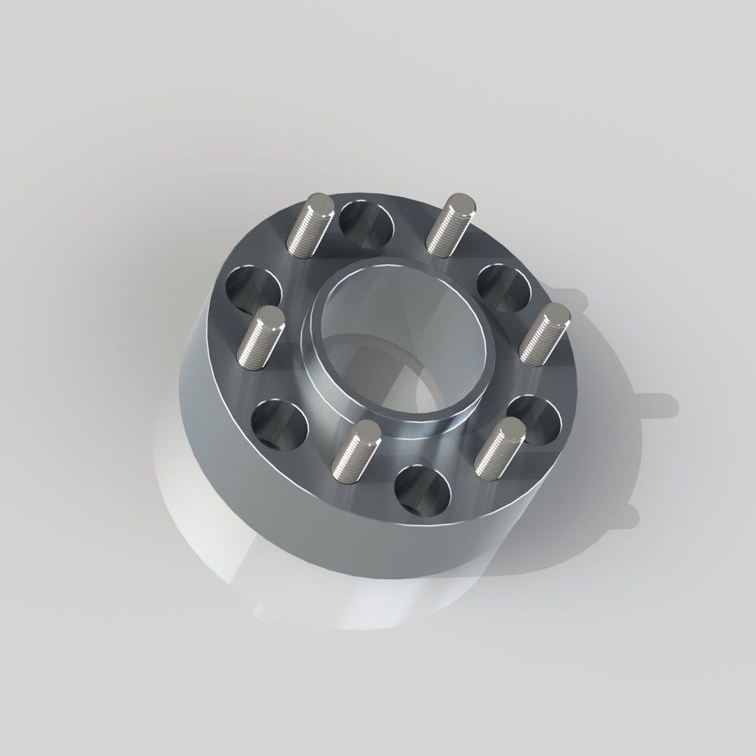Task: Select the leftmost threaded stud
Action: [x=260, y=338]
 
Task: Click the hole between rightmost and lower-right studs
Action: [x=535, y=418]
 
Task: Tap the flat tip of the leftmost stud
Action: [x=271, y=320]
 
